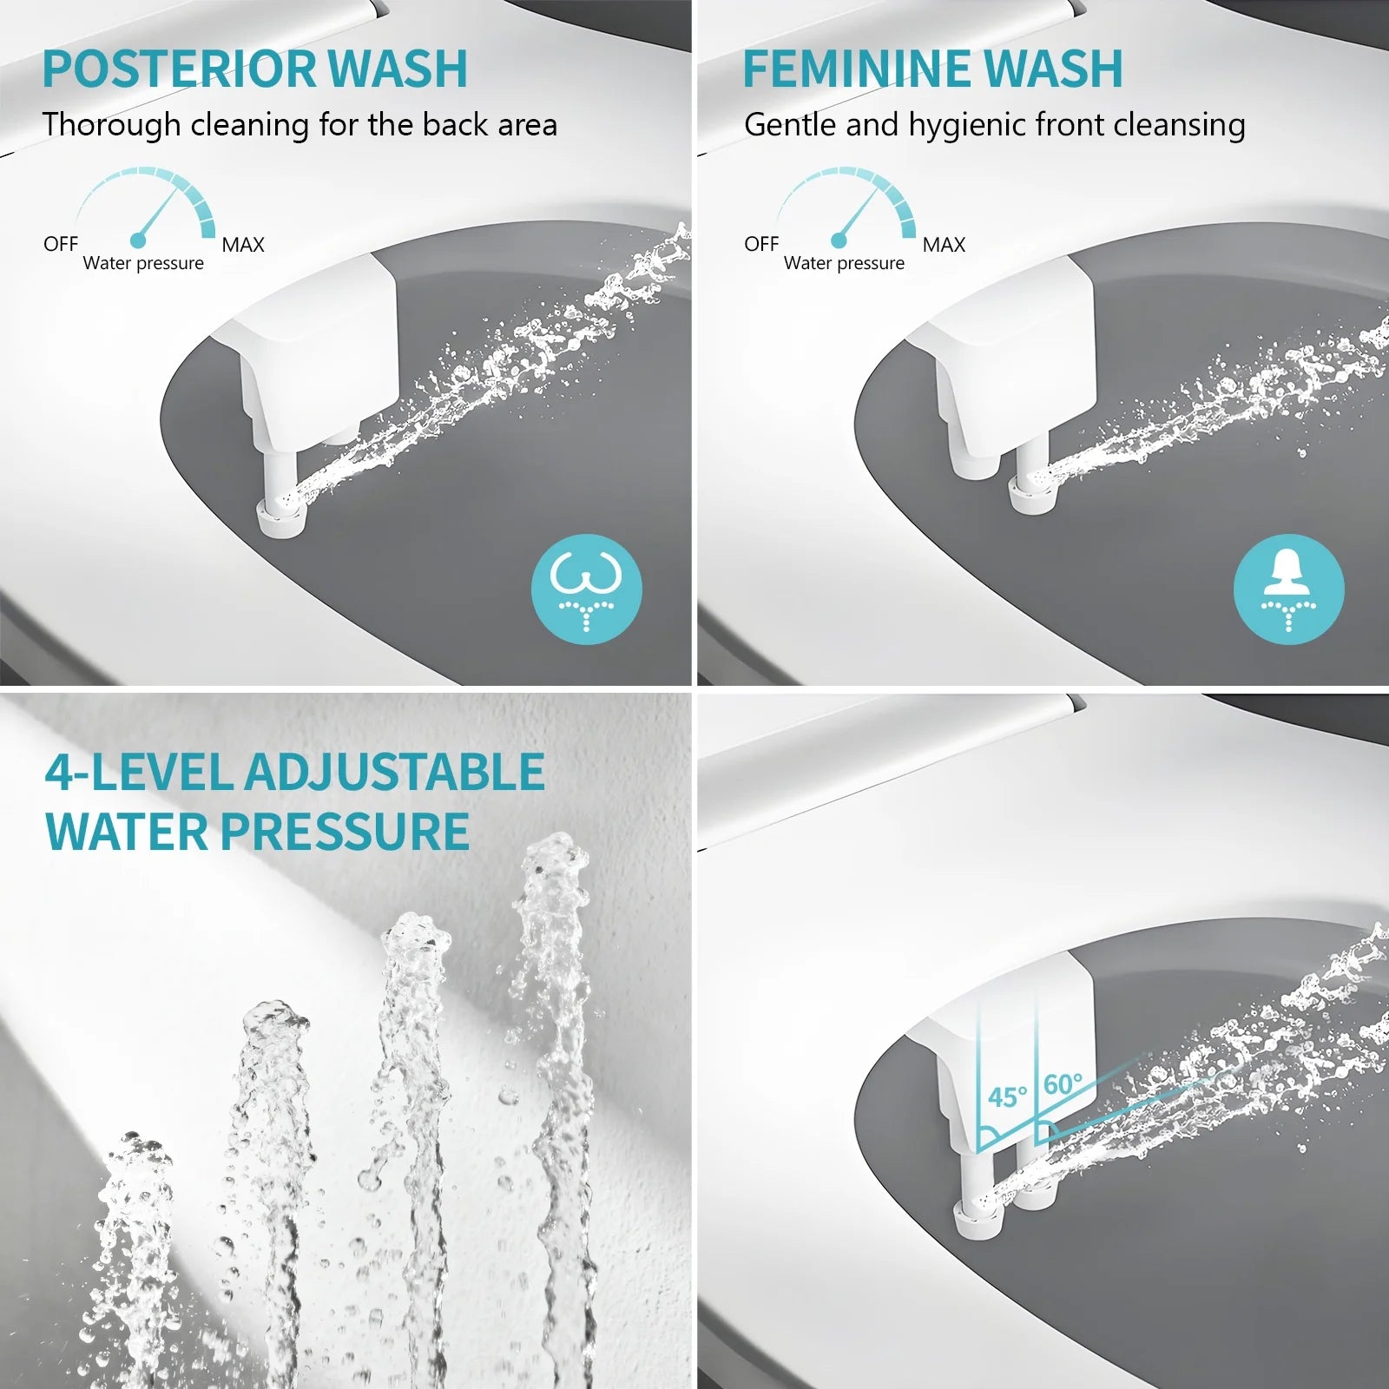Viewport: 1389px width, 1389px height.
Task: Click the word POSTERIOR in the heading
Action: (x=178, y=69)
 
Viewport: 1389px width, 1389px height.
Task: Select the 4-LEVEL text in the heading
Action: (x=139, y=772)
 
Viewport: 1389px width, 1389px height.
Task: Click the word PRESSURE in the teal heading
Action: (x=345, y=832)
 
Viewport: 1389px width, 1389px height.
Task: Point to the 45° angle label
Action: (x=1007, y=1097)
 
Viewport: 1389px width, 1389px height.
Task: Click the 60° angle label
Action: (x=1063, y=1084)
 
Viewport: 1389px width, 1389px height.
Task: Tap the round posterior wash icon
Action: (x=587, y=589)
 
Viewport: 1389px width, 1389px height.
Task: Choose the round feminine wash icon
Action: (x=1288, y=589)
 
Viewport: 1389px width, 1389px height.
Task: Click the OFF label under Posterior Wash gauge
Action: (x=61, y=244)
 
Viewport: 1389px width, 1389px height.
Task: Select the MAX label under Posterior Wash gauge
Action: (x=243, y=245)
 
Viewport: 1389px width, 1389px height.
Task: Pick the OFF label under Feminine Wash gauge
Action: (x=761, y=244)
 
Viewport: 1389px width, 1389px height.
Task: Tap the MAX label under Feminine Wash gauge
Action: (x=944, y=245)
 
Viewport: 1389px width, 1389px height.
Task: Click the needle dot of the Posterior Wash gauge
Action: (x=137, y=240)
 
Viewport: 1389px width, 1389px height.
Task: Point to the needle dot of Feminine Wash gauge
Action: (x=838, y=240)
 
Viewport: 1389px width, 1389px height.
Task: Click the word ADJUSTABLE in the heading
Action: (x=394, y=772)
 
